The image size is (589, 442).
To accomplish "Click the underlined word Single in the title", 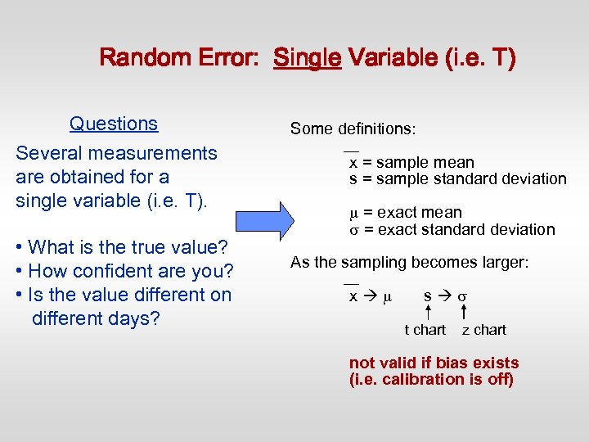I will tap(307, 59).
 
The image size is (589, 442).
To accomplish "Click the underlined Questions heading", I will tap(114, 124).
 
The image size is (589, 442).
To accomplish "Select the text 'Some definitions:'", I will tap(353, 129).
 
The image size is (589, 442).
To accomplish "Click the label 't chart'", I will tap(425, 330).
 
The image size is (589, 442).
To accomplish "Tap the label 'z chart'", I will tap(483, 330).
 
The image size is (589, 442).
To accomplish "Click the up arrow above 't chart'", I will tap(429, 310).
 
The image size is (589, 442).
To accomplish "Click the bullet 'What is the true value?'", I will tap(121, 247).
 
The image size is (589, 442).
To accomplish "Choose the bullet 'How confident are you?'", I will tap(124, 271).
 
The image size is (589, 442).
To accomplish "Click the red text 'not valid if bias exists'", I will tap(434, 363).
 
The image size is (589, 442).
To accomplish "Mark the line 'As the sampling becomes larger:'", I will tap(410, 262).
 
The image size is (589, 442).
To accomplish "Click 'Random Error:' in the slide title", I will tap(181, 59).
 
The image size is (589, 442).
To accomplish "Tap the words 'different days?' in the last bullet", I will tap(95, 318).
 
